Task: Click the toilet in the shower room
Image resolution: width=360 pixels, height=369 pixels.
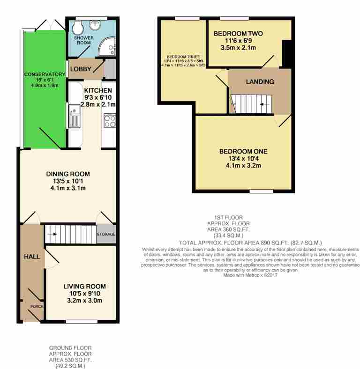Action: coord(77,28)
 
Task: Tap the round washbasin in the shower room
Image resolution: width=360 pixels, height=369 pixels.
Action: coord(96,25)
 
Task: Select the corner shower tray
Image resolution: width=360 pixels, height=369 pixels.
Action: coord(107,47)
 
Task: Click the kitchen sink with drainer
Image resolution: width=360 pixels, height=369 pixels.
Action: coord(75,117)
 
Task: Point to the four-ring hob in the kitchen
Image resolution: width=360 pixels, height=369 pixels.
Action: coord(110,121)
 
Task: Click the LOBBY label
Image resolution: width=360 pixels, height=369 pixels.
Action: coord(81,69)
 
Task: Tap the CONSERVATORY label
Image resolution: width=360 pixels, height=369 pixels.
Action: coord(45,74)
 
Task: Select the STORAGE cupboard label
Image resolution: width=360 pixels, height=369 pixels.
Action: coord(106,234)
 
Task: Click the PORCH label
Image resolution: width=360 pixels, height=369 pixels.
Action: coord(37,307)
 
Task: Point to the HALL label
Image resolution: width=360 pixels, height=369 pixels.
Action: coord(32,257)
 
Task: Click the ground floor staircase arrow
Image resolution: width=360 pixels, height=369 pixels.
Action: coord(52,234)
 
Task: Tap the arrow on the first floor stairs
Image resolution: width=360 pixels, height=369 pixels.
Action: coord(265,104)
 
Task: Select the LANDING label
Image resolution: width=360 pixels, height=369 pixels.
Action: coord(260,81)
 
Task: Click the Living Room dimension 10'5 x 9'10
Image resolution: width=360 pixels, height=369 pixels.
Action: coord(84,294)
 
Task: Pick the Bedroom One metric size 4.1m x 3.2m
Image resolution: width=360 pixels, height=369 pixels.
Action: coord(243,165)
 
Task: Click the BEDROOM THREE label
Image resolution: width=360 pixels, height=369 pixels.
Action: coord(183,57)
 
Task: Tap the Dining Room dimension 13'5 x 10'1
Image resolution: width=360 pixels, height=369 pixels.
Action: coord(68,181)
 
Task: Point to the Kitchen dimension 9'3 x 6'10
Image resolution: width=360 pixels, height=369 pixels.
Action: coord(98,97)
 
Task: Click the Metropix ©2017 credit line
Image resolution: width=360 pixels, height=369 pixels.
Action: coord(250,275)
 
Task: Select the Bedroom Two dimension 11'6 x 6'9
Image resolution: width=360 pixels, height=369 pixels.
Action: coord(238,41)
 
